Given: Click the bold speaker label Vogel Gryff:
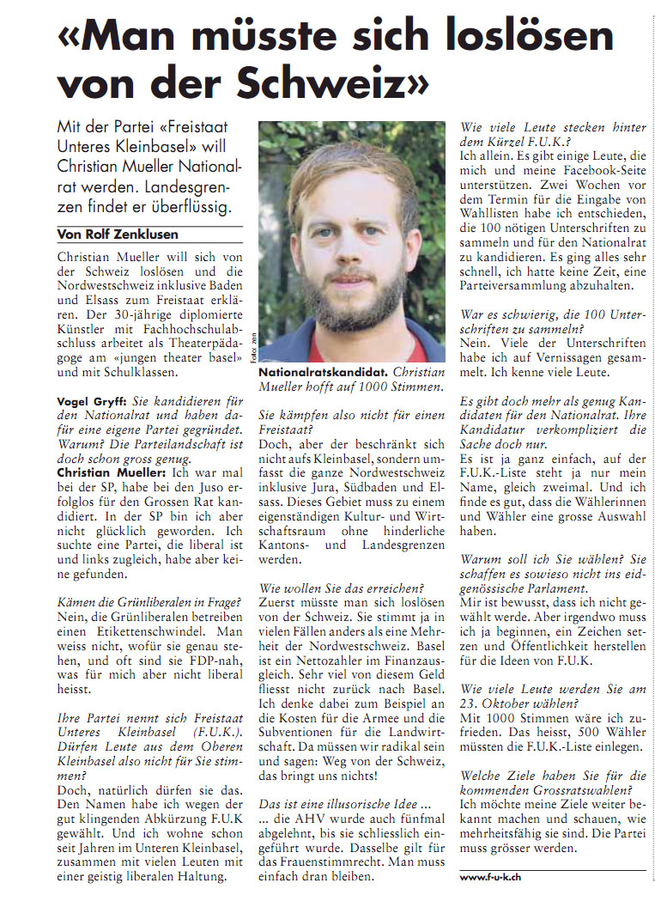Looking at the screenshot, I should click(x=90, y=401).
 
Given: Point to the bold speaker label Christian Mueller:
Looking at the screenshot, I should click(x=107, y=472).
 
